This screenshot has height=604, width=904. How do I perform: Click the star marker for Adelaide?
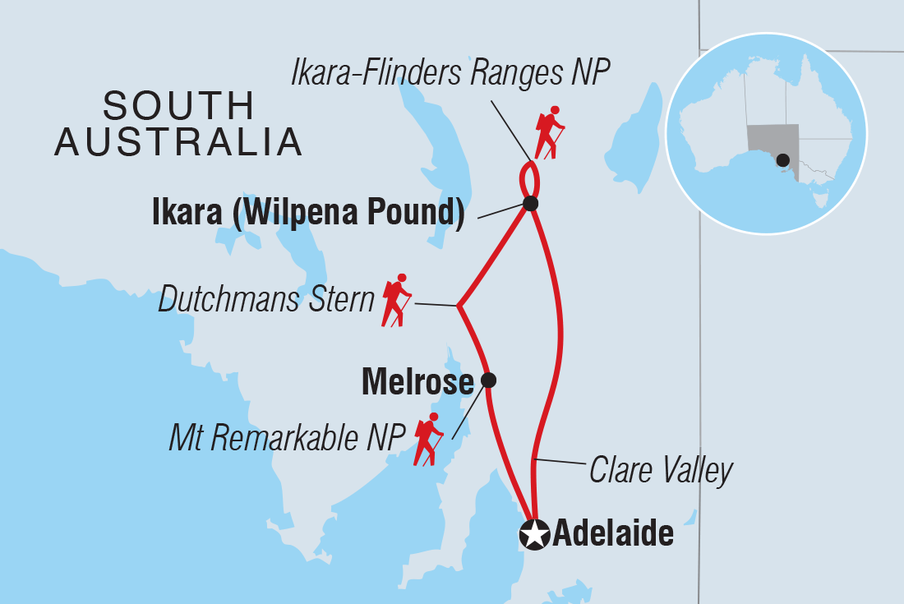tap(534, 535)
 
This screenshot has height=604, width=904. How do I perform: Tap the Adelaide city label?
tap(613, 535)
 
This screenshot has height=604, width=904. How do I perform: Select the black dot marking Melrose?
tap(488, 380)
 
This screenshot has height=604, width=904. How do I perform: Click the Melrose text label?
tap(417, 382)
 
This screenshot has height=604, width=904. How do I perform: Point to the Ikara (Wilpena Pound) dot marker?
tap(530, 203)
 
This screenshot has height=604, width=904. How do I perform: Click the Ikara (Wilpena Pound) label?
tap(308, 213)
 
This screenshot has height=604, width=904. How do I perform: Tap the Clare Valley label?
tap(660, 471)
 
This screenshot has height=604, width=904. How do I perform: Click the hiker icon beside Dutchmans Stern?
tap(396, 300)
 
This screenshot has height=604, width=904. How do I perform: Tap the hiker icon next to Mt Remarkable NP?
tap(428, 440)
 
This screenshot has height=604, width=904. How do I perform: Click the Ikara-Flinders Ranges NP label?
tap(450, 74)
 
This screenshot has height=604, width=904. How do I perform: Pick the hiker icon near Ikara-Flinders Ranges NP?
tap(548, 132)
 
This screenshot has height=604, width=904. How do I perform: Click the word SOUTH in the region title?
tap(179, 107)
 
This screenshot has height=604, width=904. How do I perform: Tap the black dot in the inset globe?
tap(782, 159)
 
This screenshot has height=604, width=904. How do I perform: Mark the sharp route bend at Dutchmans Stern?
tap(458, 307)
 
